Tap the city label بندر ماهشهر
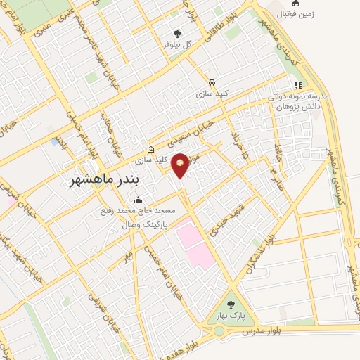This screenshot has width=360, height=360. point(102,181)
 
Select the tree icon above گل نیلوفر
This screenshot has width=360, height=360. point(177,33)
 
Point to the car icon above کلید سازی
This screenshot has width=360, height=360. point(212,81)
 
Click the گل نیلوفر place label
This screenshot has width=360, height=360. point(177,44)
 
